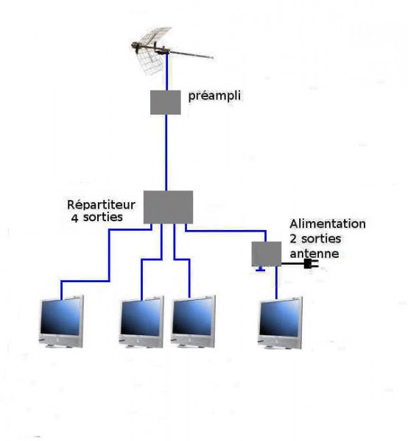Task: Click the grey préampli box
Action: tap(166, 102)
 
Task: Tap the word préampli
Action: tap(214, 96)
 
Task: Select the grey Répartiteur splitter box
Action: tap(168, 207)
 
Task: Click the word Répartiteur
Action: tap(101, 205)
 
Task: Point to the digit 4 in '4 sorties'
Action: tap(74, 218)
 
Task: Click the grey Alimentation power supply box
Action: tap(267, 254)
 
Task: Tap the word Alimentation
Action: tap(328, 224)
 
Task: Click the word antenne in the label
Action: tap(314, 254)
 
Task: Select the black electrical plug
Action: tap(311, 264)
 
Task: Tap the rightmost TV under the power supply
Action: tap(280, 323)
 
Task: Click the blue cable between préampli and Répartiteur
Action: tap(166, 153)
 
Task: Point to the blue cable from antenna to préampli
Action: tap(166, 72)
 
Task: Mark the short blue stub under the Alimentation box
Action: tap(261, 269)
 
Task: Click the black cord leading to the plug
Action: tap(293, 264)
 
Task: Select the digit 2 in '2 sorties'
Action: tap(293, 240)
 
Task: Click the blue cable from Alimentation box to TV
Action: tap(276, 283)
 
